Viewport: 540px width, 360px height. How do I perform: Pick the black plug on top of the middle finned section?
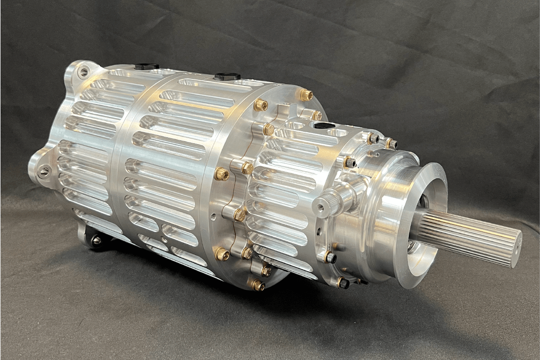coord(227,77)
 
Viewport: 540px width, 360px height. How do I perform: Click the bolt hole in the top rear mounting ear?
coord(83,72)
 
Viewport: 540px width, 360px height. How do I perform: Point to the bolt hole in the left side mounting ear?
coord(44,172)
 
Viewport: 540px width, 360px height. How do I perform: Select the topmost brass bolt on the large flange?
coord(306,96)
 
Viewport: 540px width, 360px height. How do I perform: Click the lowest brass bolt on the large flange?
coord(258,285)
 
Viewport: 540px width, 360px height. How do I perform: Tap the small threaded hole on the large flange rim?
coord(214,218)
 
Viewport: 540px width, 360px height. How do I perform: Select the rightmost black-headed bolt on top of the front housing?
coord(391,144)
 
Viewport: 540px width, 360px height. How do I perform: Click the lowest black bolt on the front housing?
coord(342,282)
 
